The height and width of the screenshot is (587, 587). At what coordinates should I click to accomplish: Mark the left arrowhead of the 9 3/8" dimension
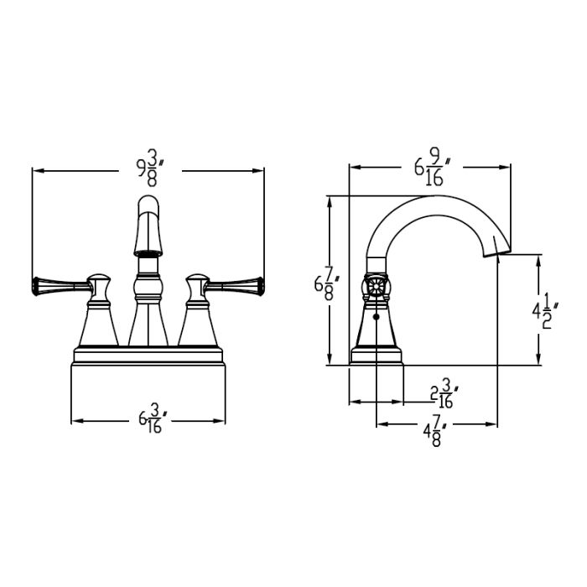pos(35,170)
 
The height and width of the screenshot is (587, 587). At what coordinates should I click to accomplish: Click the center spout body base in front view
pos(148,327)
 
